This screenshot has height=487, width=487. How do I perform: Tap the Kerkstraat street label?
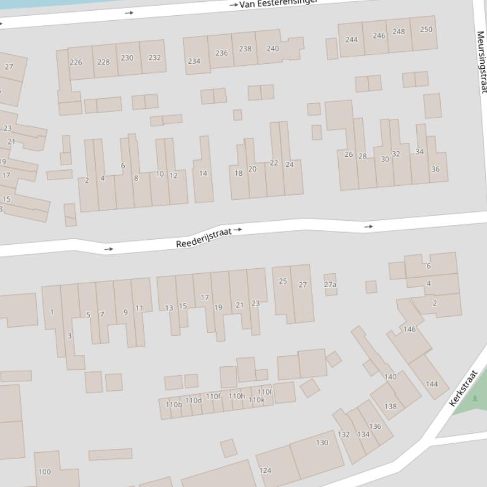coord(462,388)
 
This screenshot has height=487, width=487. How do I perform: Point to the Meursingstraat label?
coord(481,62)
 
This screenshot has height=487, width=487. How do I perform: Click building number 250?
coord(426,29)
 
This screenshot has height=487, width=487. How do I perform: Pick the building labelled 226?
coord(76,62)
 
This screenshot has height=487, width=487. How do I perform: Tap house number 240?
coord(272,48)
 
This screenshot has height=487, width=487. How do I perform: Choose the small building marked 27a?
coord(330,285)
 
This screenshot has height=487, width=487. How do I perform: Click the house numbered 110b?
coord(174,404)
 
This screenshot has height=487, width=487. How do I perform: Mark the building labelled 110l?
coord(265,392)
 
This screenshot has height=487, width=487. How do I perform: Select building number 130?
coord(322,443)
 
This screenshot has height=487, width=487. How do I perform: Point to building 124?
coord(265,471)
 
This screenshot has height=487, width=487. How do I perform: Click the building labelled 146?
coord(410,329)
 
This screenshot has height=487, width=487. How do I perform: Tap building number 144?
coord(432,384)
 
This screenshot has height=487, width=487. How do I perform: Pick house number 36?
coord(436,169)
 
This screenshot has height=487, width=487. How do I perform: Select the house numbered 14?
coord(203,173)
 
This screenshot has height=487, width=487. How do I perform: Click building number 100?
coord(44,472)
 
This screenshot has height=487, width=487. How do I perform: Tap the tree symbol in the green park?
coord(475,398)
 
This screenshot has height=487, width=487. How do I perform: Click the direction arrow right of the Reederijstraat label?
coord(237,230)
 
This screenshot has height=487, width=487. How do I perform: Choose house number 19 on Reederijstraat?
coord(218,308)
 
